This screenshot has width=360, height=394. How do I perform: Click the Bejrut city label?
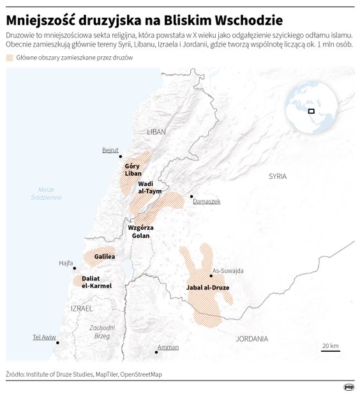click(x=110, y=151)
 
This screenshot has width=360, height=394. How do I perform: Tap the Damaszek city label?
click(x=207, y=201)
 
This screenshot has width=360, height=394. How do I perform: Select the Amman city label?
click(x=169, y=347)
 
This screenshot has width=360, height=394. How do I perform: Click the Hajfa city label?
click(x=66, y=262)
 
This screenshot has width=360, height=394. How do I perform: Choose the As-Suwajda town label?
click(x=228, y=270)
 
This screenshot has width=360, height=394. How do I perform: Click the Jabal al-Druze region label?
click(x=207, y=288)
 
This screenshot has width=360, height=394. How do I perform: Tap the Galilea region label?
click(x=105, y=257)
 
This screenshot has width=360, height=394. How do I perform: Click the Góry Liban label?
click(x=133, y=170)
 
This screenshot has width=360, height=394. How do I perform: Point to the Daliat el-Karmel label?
click(x=96, y=282)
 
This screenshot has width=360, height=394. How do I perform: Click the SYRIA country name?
click(x=278, y=176)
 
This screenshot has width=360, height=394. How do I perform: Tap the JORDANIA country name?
click(x=251, y=338)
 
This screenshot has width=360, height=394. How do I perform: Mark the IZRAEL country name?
click(x=82, y=308)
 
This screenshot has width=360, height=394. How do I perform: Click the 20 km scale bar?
click(x=330, y=349)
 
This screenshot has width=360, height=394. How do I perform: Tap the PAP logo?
click(x=349, y=386)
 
